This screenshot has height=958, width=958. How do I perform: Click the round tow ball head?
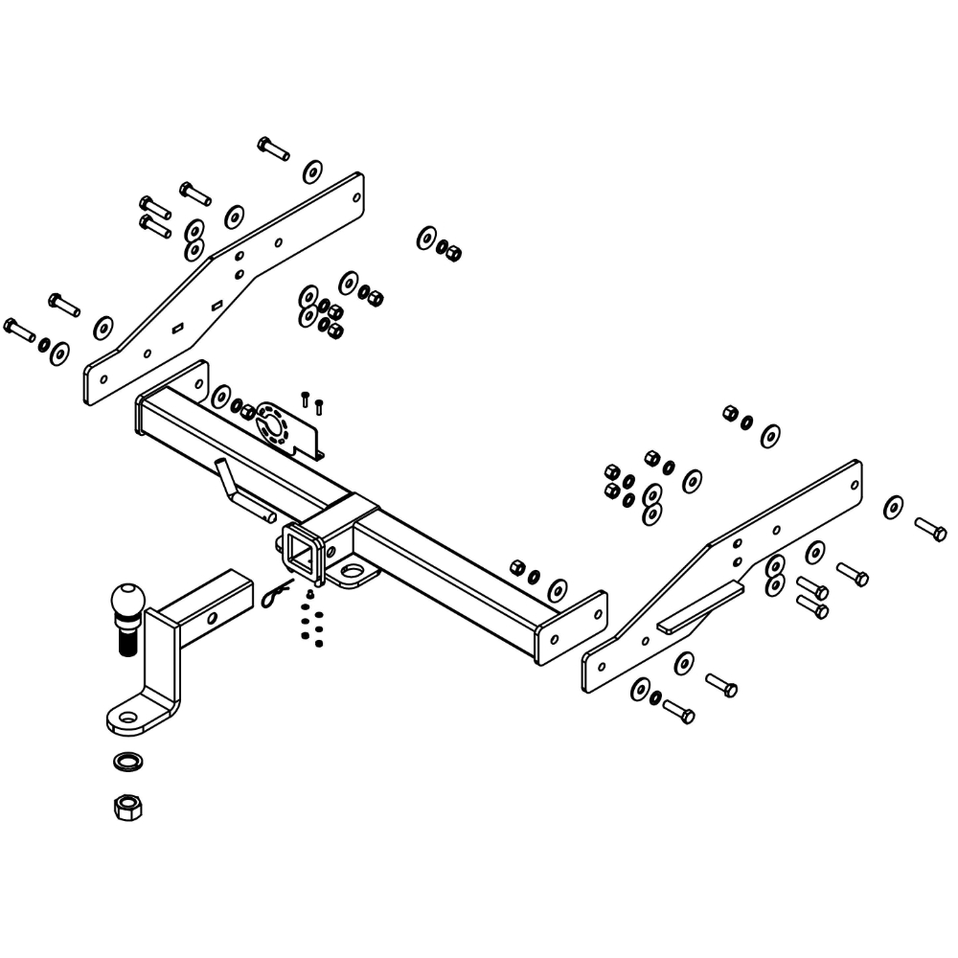pos(128,602)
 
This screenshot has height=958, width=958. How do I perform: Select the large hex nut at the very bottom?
pos(126,807)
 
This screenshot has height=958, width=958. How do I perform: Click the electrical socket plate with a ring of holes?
pos(279,426)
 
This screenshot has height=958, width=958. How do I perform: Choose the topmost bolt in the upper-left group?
pos(273,148)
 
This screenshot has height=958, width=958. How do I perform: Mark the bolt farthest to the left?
pos(19,329)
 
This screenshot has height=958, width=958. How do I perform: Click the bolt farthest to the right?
pos(930,528)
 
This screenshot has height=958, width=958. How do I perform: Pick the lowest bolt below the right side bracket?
pos(677,712)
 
